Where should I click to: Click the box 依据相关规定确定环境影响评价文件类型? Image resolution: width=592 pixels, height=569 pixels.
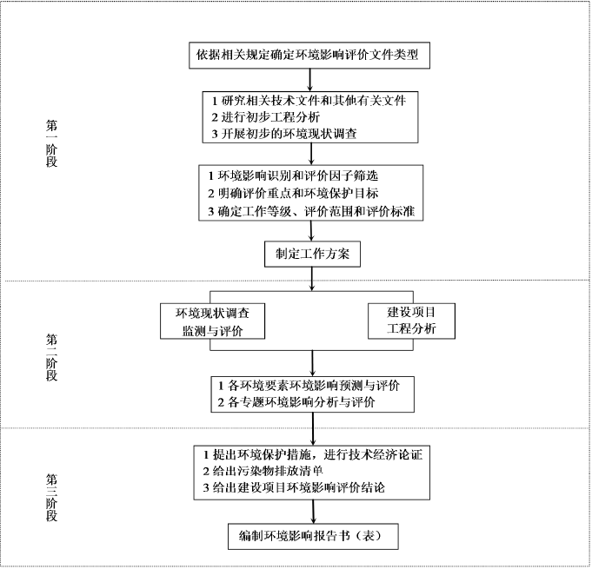[309, 55]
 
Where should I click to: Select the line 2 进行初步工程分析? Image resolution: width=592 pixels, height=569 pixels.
[265, 117]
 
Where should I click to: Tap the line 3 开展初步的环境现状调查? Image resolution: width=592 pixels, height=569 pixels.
[284, 134]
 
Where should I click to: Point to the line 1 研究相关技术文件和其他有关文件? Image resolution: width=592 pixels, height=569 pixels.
[309, 101]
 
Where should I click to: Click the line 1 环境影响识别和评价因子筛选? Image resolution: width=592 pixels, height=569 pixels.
[293, 175]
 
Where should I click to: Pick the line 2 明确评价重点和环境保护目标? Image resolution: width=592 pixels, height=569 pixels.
[293, 193]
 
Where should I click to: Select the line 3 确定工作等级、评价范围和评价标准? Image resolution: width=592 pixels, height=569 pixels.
[311, 211]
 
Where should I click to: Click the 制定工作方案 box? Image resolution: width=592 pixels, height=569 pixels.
[312, 254]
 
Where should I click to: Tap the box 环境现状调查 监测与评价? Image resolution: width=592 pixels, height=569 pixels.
[213, 321]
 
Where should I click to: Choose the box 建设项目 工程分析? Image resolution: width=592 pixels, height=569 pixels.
[411, 321]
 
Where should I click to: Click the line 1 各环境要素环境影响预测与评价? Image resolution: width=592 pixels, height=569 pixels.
[309, 386]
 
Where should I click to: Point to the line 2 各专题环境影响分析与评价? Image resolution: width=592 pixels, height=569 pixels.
[296, 402]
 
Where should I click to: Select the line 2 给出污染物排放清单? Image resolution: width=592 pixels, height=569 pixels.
[263, 471]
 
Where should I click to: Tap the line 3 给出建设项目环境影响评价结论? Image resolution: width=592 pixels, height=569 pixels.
[294, 487]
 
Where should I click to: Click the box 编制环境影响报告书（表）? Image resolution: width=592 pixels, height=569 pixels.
[313, 536]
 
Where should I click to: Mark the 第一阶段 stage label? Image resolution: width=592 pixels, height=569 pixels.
[52, 143]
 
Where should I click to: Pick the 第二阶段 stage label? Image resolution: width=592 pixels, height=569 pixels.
[52, 357]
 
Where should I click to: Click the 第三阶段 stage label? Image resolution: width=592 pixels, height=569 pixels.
[52, 498]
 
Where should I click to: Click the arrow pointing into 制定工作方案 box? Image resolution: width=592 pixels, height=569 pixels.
[311, 230]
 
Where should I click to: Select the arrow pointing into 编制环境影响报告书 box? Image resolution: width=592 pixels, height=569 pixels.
[313, 512]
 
